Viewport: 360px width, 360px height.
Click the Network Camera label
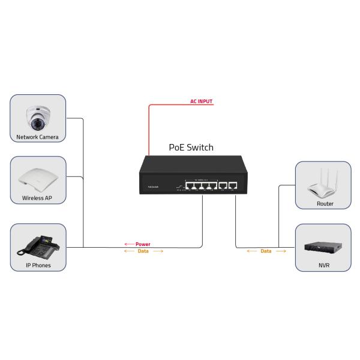[x=37, y=137]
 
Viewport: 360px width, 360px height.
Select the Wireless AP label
[x=37, y=197]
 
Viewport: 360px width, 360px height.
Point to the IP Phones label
[x=38, y=265]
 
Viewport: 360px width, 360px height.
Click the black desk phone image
[x=38, y=245]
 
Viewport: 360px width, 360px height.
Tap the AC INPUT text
[x=202, y=102]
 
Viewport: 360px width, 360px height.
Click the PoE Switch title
[x=191, y=148]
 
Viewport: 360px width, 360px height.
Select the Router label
[x=325, y=204]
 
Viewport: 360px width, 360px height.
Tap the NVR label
[x=324, y=265]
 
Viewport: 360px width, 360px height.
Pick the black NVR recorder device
[x=323, y=246]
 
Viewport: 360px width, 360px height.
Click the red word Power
[x=143, y=244]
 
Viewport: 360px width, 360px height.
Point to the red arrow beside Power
[x=128, y=244]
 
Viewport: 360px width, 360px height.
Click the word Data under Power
[x=143, y=252]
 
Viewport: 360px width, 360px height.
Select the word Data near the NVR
[x=266, y=251]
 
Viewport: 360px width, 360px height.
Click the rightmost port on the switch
[x=234, y=185]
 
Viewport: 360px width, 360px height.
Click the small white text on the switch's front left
[x=153, y=187]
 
